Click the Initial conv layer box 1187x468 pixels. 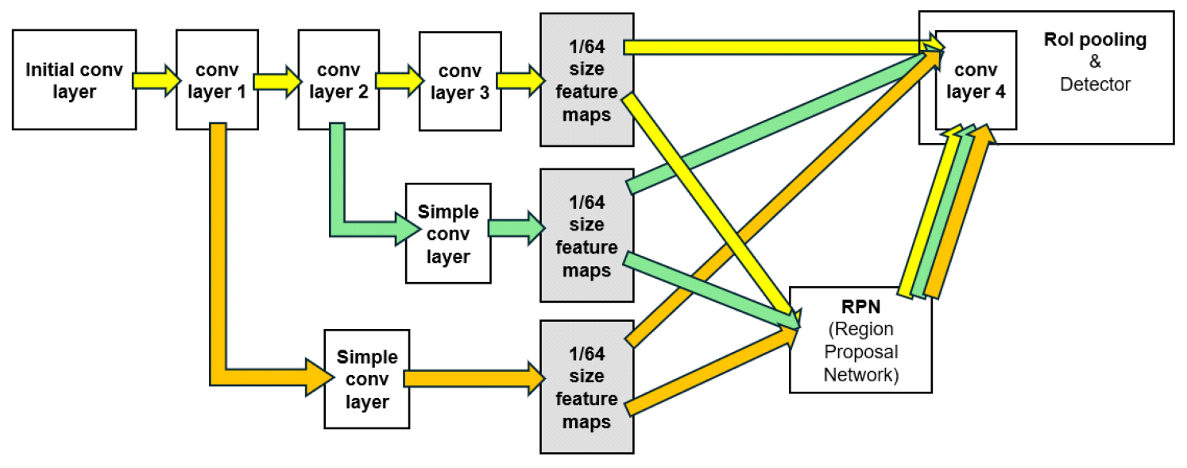[x=74, y=79]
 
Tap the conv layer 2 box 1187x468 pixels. [x=336, y=79]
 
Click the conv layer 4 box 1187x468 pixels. [x=976, y=79]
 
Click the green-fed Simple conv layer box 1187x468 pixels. [x=448, y=233]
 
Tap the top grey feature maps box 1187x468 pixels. [x=587, y=79]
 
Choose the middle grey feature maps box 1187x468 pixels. [x=587, y=235]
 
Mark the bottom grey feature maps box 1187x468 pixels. [x=587, y=387]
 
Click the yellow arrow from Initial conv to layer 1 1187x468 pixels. [x=156, y=80]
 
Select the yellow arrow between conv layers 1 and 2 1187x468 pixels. [x=276, y=80]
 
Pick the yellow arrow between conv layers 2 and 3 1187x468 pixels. [x=398, y=80]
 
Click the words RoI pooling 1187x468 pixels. [x=1095, y=41]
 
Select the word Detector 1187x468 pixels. [x=1095, y=83]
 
